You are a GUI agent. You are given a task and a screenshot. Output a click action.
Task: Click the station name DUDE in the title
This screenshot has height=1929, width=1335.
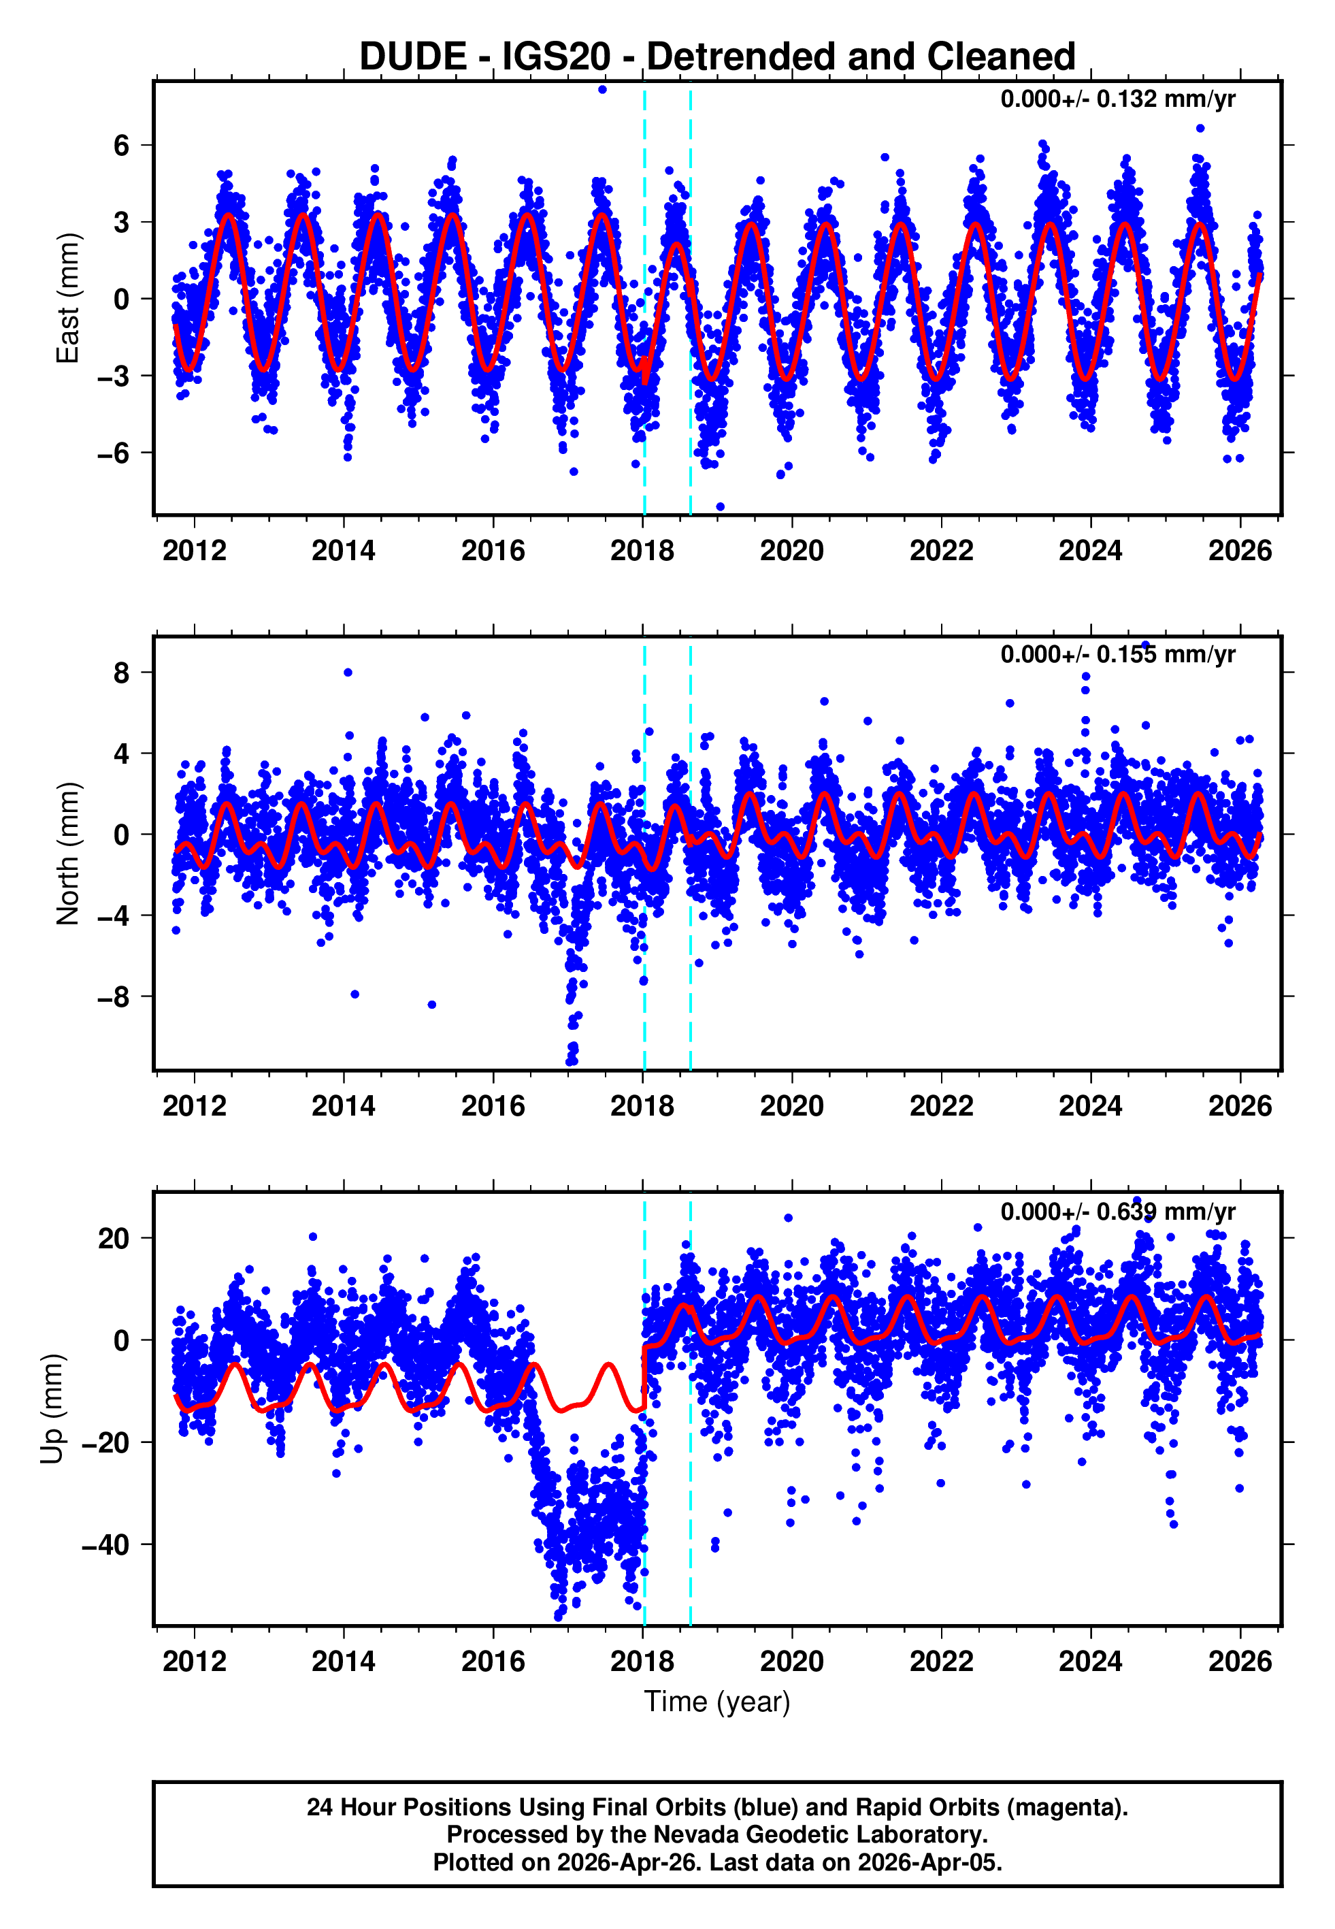point(412,57)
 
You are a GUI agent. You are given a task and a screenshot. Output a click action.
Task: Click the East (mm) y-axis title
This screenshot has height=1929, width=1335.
point(68,298)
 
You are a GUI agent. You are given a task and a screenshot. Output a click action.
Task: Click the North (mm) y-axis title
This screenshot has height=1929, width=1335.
point(68,854)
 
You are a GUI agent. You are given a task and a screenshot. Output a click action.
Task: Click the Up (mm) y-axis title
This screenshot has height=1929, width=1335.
point(52,1409)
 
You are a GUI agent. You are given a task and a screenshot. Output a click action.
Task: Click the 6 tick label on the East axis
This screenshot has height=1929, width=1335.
point(122,146)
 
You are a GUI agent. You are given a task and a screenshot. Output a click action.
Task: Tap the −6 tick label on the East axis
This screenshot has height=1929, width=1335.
point(114,453)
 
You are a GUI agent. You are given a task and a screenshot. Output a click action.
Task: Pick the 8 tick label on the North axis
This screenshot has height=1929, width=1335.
point(122,672)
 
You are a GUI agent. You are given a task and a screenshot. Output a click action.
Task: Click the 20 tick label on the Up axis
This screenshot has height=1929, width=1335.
point(114,1238)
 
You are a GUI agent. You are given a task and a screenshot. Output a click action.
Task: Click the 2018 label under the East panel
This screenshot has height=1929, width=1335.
point(642,551)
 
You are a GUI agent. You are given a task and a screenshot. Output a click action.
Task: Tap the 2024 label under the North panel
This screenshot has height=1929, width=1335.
point(1091,1107)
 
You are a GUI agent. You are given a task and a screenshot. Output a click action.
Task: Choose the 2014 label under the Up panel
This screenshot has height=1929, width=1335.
point(344,1661)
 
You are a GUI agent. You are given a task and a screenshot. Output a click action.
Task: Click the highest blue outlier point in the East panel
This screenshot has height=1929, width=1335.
point(602,89)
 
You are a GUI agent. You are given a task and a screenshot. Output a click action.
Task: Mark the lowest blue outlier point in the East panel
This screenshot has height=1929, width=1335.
point(720,507)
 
